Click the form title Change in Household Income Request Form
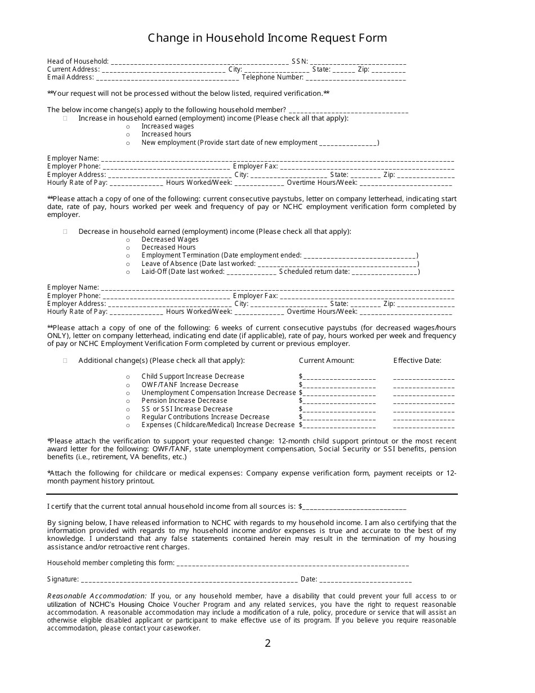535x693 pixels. [x=267, y=38]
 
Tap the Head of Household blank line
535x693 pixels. [x=199, y=62]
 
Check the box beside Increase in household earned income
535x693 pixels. [x=65, y=118]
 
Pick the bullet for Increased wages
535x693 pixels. [x=128, y=127]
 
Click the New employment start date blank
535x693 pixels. [x=348, y=143]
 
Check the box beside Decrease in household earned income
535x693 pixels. [x=65, y=232]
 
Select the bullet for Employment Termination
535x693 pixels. [x=128, y=256]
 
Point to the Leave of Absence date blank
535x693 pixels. [x=337, y=264]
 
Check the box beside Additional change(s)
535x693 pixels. [x=65, y=361]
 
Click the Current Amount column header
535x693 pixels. [x=327, y=361]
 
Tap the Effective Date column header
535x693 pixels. [x=417, y=361]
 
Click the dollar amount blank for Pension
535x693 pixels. [x=339, y=402]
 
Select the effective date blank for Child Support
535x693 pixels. [x=423, y=377]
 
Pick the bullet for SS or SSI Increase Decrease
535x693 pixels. [x=128, y=410]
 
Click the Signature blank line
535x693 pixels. [x=189, y=580]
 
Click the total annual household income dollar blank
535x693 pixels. [x=354, y=507]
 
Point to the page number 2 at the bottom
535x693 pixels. [x=267, y=643]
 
